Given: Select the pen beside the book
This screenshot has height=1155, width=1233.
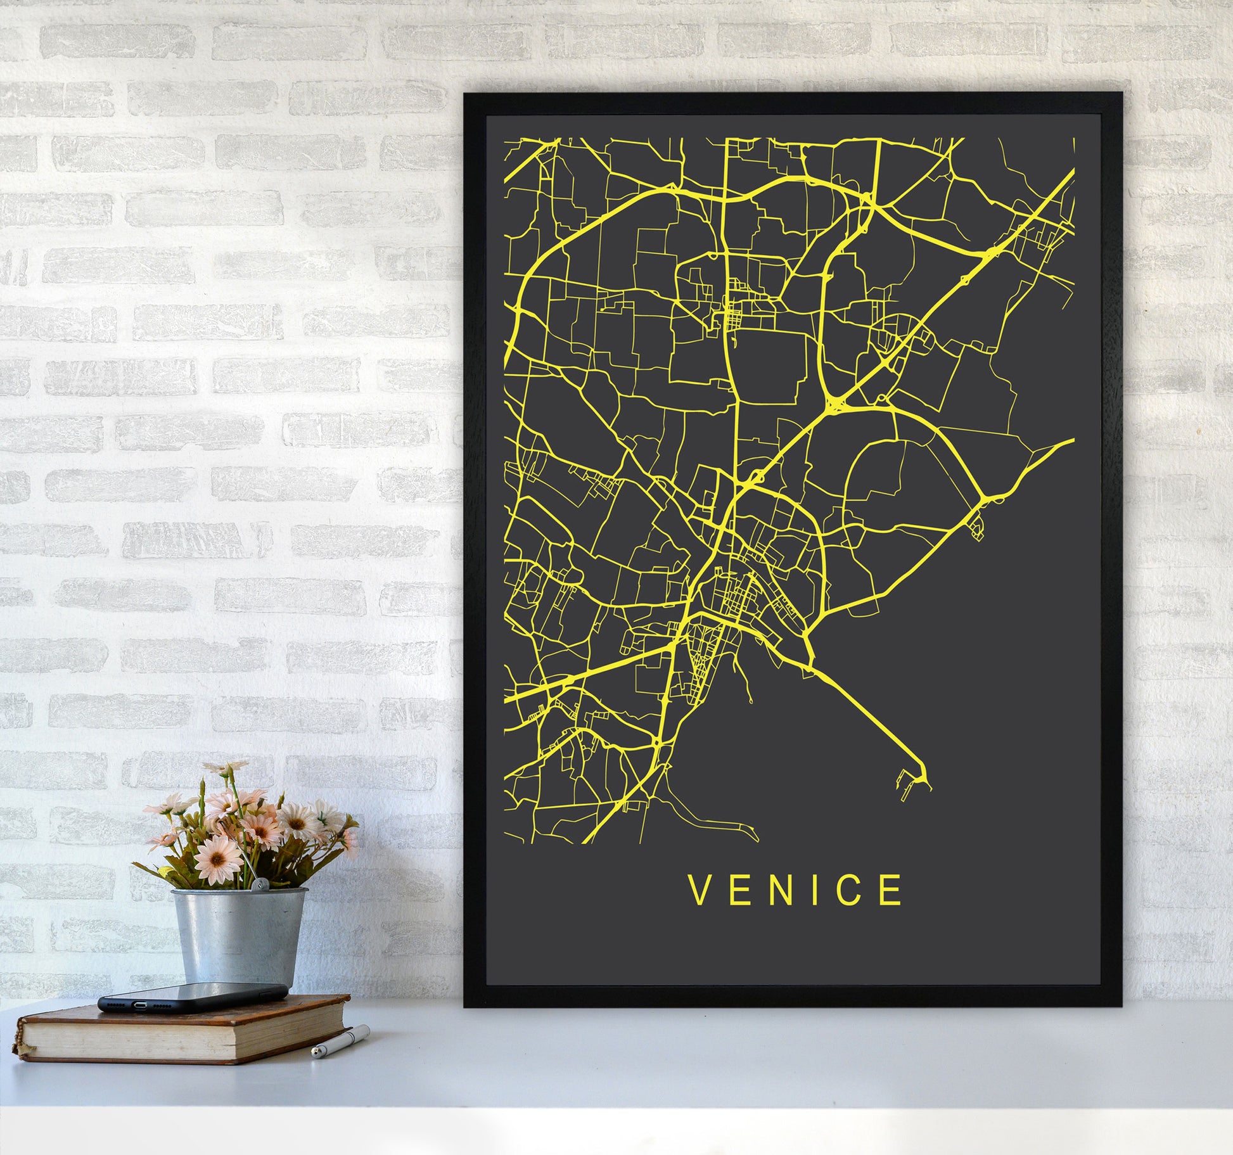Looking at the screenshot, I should pos(340,1042).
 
